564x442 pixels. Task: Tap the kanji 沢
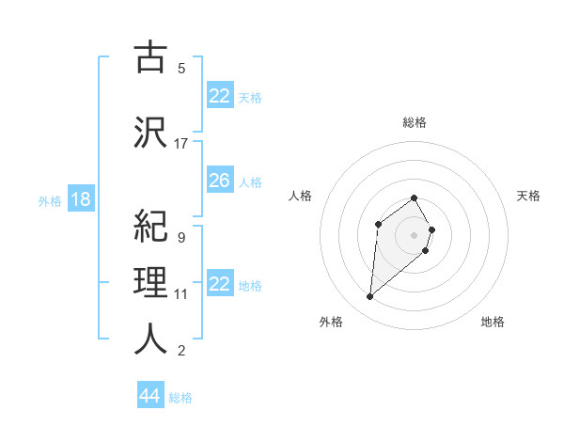[x=150, y=131]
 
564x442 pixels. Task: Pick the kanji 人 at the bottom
[x=150, y=339]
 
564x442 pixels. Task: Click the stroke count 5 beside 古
[x=180, y=68]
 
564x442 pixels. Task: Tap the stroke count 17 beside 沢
[x=181, y=144]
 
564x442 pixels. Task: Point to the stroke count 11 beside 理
[x=181, y=294]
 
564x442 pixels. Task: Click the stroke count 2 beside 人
[x=180, y=351]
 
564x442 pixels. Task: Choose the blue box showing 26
[x=219, y=181]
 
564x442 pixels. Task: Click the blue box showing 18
[x=80, y=199]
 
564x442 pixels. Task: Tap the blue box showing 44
[x=149, y=396]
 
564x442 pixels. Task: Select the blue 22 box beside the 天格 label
[x=219, y=96]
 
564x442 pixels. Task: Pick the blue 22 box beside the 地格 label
[x=219, y=284]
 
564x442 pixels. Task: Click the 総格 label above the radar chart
[x=415, y=122]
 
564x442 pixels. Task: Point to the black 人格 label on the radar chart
[x=300, y=196]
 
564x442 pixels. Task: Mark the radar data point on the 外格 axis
[x=369, y=297]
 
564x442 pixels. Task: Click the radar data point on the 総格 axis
[x=415, y=197]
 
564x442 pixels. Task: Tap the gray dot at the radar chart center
[x=415, y=234]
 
